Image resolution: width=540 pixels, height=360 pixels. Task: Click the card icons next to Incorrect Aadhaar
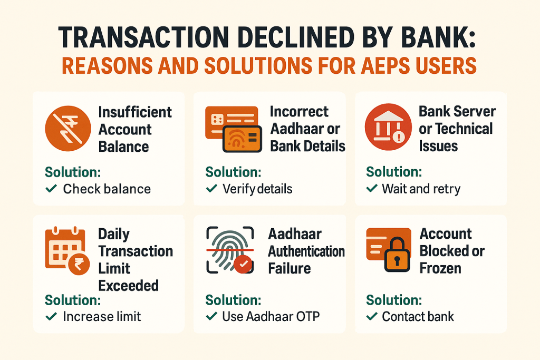click(x=231, y=130)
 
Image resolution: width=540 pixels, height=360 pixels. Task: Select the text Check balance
click(x=107, y=189)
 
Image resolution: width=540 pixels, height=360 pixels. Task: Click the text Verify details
click(x=257, y=189)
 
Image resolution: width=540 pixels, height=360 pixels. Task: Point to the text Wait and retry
click(x=421, y=189)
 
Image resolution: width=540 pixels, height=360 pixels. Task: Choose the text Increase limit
click(x=102, y=317)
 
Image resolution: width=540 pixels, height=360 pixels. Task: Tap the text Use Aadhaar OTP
click(x=271, y=317)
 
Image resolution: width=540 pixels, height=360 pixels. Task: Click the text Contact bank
click(x=418, y=317)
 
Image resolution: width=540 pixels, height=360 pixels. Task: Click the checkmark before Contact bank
click(x=372, y=317)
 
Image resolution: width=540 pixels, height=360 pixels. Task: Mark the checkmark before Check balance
click(x=51, y=189)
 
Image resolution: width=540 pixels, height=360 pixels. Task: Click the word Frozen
click(x=440, y=268)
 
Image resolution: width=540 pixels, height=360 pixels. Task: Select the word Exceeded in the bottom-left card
click(x=128, y=286)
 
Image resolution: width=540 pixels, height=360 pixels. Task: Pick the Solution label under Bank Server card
click(x=393, y=172)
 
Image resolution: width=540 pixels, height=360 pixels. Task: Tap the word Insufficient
click(x=135, y=112)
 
